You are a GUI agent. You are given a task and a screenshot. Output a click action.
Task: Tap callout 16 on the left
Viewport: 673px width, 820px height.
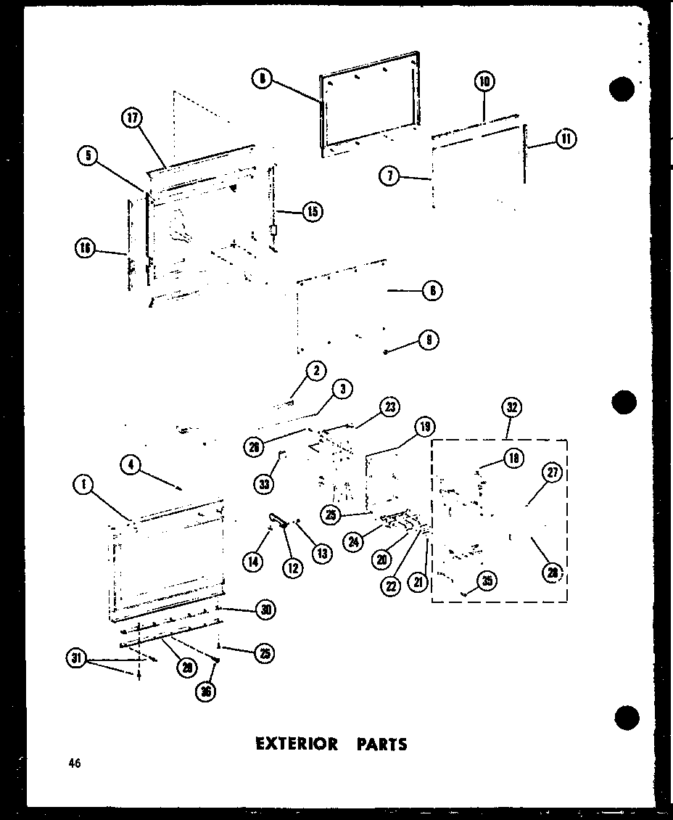[x=85, y=249]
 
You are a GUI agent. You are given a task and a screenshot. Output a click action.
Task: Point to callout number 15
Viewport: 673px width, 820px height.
[x=313, y=211]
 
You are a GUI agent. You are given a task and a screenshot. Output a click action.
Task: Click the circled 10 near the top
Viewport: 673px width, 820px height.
[x=484, y=82]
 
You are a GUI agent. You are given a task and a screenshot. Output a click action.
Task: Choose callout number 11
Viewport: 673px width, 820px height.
[x=566, y=140]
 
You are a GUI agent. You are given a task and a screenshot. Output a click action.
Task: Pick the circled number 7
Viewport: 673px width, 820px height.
[x=389, y=176]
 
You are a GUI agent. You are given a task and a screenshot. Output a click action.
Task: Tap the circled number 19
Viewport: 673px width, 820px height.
[x=424, y=427]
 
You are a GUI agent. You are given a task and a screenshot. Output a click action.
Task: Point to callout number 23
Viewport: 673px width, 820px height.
[x=389, y=407]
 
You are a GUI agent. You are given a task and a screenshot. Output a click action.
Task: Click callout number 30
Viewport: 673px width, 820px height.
[x=266, y=610]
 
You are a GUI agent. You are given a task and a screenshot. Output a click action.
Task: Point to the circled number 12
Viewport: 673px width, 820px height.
[x=293, y=567]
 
